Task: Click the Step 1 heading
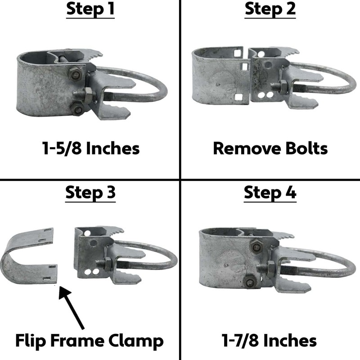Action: click(x=90, y=10)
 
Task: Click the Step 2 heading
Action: click(x=270, y=10)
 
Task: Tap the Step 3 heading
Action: click(x=90, y=193)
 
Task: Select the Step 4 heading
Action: click(x=270, y=193)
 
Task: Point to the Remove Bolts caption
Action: click(x=270, y=148)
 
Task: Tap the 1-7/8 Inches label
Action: click(x=270, y=340)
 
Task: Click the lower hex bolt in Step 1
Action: click(x=78, y=109)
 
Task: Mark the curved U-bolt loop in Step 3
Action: click(x=160, y=259)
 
